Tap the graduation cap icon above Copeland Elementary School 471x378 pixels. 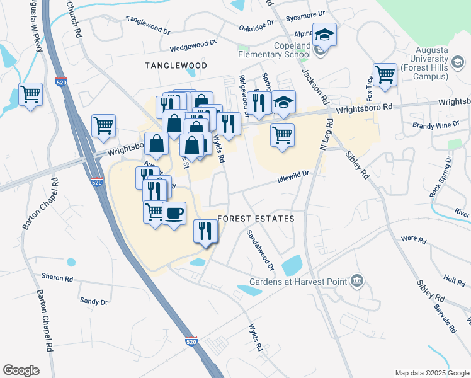coord(325,34)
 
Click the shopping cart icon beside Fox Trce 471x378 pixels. coord(384,74)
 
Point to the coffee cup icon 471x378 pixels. coord(174,213)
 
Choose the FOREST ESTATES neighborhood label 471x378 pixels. coord(256,219)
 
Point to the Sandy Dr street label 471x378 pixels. coord(94,302)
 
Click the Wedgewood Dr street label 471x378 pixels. coord(193,46)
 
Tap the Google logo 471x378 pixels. coord(21,370)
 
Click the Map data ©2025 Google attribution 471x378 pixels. coord(431,373)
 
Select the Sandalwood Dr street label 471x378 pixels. coord(260,250)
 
